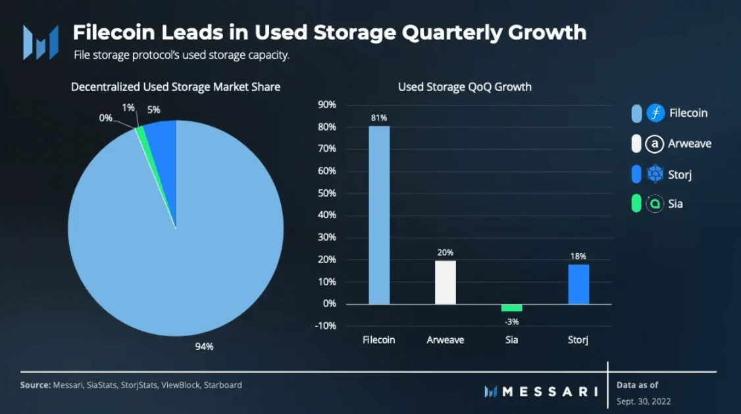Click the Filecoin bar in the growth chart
379,214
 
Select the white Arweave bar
446,282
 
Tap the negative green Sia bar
511,308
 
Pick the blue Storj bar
578,284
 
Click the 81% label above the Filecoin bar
379,118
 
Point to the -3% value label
511,321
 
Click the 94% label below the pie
205,347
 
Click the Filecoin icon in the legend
655,113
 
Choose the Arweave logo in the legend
655,144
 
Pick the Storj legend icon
655,174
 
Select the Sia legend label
675,204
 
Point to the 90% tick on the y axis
327,105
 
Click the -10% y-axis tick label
326,326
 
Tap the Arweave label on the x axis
446,340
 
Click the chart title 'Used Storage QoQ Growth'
465,87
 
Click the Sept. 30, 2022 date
644,401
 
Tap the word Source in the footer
35,385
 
